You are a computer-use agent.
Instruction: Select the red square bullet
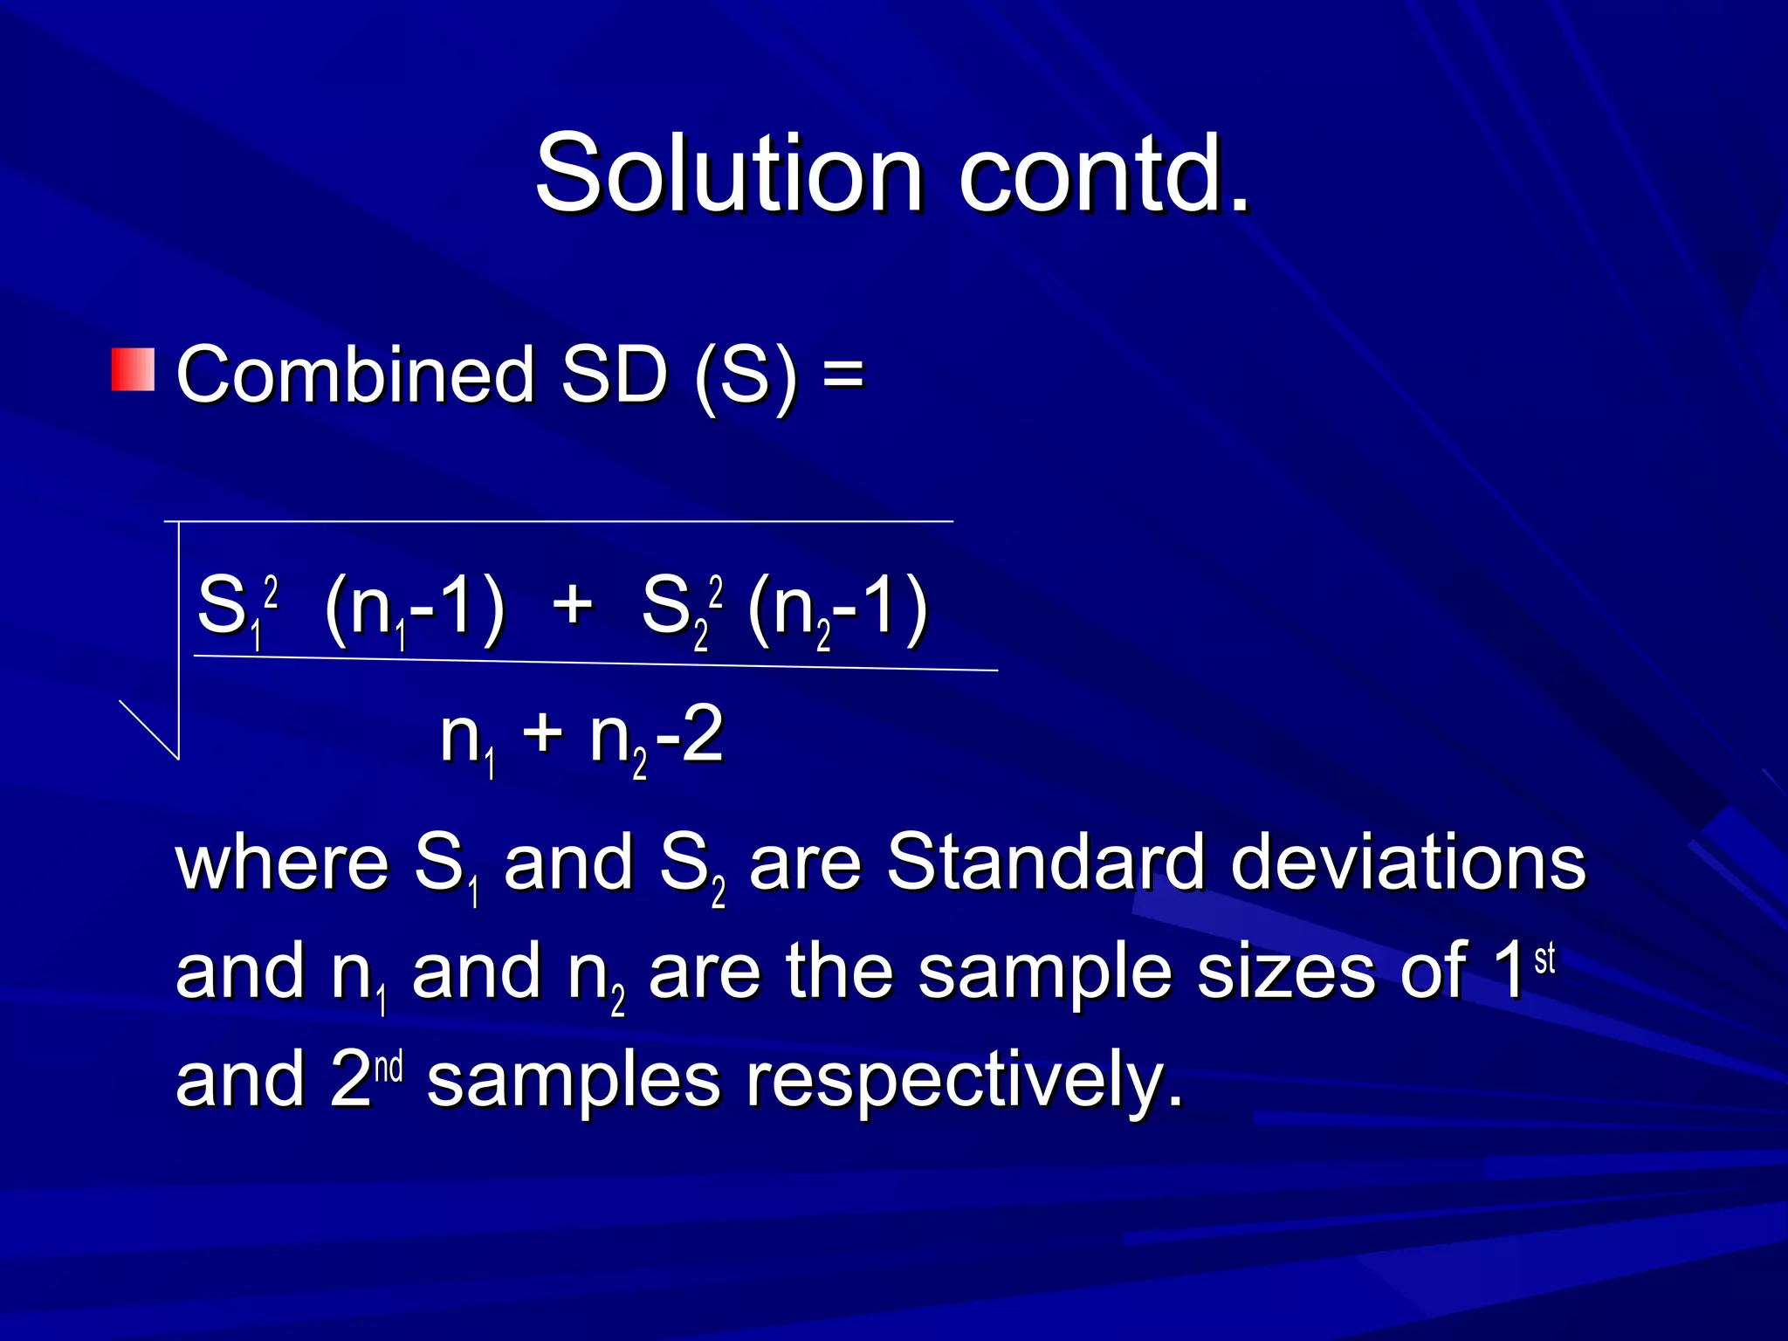[x=133, y=369]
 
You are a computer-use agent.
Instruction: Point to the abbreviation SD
[x=615, y=375]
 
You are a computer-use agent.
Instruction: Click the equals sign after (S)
[x=843, y=375]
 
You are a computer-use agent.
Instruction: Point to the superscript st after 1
[x=1544, y=959]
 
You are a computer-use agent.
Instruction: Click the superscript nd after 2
[x=389, y=1067]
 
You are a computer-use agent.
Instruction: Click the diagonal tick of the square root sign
[x=149, y=730]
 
